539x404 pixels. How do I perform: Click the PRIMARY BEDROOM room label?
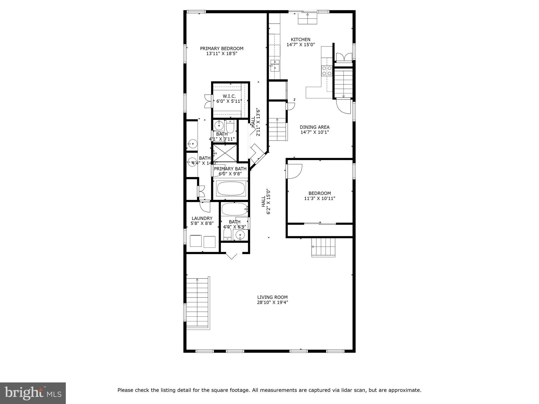(x=222, y=49)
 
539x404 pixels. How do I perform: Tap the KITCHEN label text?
(x=300, y=40)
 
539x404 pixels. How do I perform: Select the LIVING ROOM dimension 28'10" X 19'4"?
(x=272, y=302)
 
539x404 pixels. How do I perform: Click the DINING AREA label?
(x=315, y=127)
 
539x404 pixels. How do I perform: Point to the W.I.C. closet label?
(x=229, y=96)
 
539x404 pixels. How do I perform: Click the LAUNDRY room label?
(x=202, y=218)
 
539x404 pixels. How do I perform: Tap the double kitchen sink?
(x=275, y=65)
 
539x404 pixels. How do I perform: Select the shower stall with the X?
(x=225, y=153)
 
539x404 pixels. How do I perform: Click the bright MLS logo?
(x=33, y=393)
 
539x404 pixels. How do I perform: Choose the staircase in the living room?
(x=197, y=302)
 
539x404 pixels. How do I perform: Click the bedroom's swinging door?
(x=294, y=171)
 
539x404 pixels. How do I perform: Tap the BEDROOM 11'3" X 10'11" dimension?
(x=320, y=199)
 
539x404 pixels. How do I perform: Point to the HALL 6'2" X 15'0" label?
(x=266, y=201)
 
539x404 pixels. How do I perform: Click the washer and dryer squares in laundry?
(x=202, y=241)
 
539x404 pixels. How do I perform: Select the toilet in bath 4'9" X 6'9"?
(x=227, y=234)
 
